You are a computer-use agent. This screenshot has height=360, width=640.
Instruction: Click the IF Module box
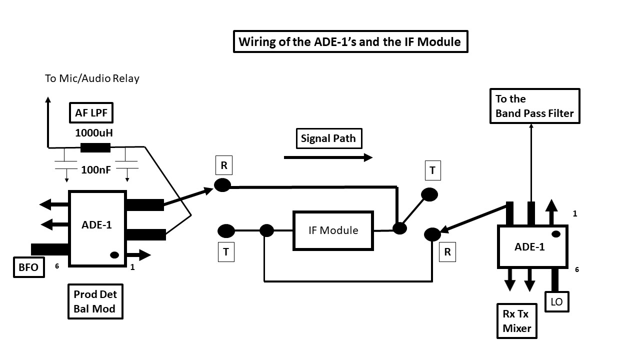point(332,230)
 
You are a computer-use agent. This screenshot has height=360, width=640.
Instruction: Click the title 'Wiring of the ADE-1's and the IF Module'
point(350,41)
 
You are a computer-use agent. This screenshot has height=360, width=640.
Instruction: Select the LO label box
point(556,301)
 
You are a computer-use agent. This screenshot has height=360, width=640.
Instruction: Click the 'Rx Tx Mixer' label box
point(516,321)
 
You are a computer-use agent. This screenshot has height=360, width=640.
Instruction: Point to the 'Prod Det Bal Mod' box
point(95,301)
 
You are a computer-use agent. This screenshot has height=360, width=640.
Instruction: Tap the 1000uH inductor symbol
point(95,147)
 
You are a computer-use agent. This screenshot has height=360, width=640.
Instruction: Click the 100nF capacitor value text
point(96,170)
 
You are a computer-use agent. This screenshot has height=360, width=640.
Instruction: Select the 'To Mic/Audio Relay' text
point(92,78)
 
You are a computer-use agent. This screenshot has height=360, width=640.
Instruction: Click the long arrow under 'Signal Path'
point(328,157)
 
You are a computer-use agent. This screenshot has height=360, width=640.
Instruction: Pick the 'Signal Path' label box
point(328,138)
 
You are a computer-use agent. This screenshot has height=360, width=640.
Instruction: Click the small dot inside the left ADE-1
point(114,255)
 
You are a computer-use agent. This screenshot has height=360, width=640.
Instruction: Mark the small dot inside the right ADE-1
point(555,234)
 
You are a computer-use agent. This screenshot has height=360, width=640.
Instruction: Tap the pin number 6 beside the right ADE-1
point(576,269)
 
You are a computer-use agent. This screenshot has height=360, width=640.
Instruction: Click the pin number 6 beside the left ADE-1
point(57,266)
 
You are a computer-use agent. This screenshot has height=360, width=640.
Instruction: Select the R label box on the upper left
point(223,165)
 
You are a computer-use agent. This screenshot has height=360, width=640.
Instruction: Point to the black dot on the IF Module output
point(399,228)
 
